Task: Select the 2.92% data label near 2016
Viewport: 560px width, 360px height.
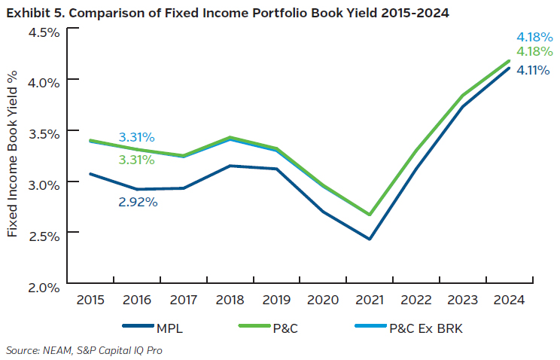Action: coord(138,202)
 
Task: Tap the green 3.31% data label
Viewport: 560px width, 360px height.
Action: coord(136,160)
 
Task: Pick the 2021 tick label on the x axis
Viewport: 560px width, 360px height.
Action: coord(368,300)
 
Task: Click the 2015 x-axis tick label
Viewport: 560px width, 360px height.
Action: coord(91,300)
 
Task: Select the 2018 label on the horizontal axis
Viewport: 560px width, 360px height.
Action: coord(230,300)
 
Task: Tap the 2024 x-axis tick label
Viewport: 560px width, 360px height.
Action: coord(507,300)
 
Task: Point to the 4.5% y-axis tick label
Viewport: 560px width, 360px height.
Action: coord(44,32)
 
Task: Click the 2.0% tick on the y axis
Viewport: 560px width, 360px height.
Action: coord(44,286)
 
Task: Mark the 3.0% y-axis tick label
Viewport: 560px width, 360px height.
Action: coord(44,185)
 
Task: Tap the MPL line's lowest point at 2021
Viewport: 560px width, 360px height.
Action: coord(369,239)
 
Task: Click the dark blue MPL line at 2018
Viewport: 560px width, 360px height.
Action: coord(230,166)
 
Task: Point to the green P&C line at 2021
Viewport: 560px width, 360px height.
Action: coord(369,214)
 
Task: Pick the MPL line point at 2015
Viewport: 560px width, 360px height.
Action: coord(91,174)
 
